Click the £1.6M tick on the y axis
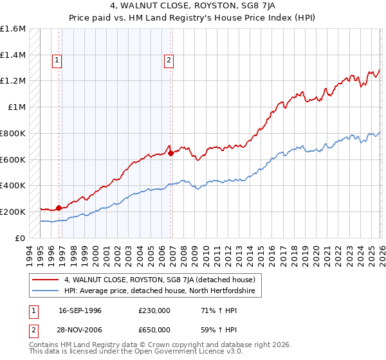coord(12,29)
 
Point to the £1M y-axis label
coord(15,107)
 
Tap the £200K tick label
coord(12,212)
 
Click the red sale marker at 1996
coord(59,208)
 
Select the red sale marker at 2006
coord(170,153)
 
